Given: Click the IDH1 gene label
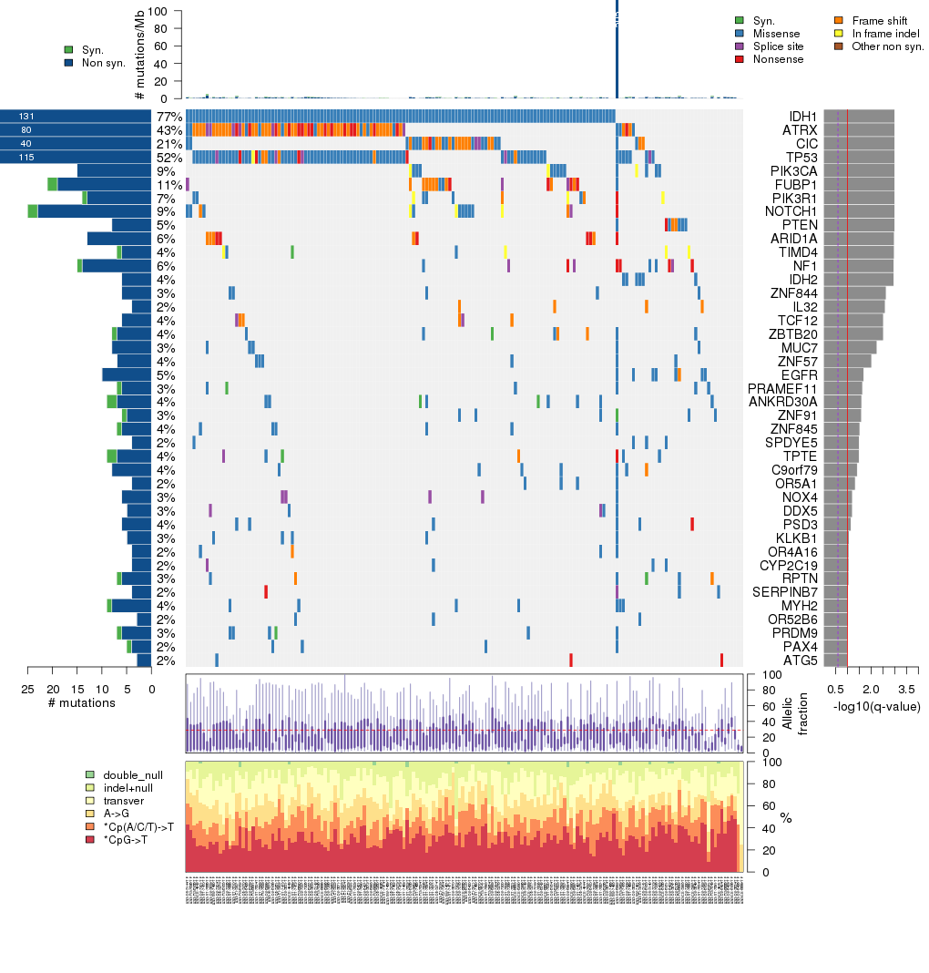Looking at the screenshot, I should coord(803,117).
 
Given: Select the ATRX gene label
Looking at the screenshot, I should coord(801,130).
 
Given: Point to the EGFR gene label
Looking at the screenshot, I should coord(801,374).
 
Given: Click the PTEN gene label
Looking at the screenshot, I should coord(801,225).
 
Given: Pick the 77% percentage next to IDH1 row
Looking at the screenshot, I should coord(168,117).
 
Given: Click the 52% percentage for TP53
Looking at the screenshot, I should coord(168,158).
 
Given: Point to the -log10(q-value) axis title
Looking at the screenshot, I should coord(876,706).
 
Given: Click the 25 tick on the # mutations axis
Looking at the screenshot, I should coord(27,688).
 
